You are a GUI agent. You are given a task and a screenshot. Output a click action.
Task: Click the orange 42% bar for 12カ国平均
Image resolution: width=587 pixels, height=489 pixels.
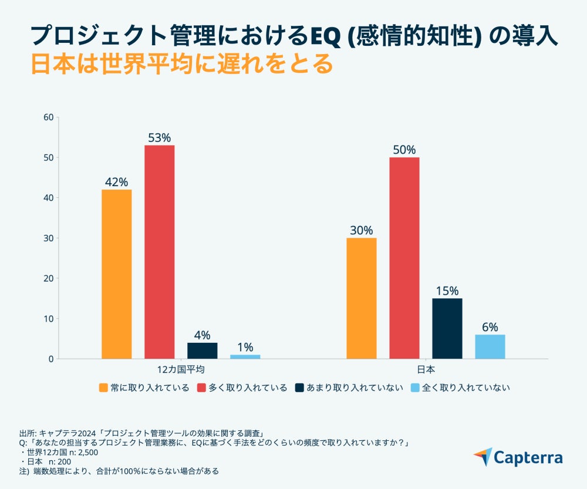(x=116, y=274)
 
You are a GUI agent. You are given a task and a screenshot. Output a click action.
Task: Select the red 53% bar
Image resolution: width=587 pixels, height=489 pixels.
(x=159, y=252)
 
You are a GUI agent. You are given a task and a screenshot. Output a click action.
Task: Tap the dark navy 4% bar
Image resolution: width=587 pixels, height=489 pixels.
(x=202, y=350)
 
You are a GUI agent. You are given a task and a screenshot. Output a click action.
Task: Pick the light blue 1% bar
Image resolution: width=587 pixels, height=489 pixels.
(x=245, y=356)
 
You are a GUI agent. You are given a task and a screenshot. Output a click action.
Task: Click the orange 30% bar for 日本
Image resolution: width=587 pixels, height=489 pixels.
(x=362, y=298)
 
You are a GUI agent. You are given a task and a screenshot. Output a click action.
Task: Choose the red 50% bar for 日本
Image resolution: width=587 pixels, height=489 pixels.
(x=404, y=258)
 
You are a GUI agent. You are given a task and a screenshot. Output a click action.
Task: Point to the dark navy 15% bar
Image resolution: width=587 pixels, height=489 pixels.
(x=447, y=328)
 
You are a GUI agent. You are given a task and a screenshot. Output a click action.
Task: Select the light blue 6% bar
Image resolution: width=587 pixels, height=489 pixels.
(x=490, y=346)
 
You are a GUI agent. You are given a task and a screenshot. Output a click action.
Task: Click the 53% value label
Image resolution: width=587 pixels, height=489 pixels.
(x=159, y=138)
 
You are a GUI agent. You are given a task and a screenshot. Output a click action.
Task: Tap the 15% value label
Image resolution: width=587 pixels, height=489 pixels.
(x=447, y=291)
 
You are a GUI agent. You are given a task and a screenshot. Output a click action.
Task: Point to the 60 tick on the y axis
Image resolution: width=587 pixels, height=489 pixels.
(x=49, y=117)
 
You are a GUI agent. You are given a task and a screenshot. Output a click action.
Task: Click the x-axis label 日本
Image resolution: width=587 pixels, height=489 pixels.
(x=426, y=370)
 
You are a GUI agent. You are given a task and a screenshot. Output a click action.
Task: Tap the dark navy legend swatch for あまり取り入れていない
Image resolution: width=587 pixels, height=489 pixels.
(x=299, y=387)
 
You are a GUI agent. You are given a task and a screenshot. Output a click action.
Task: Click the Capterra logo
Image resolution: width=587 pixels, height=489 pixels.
(x=518, y=458)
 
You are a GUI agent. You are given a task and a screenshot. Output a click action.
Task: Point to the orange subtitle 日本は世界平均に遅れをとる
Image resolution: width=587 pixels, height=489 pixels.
(x=181, y=63)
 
